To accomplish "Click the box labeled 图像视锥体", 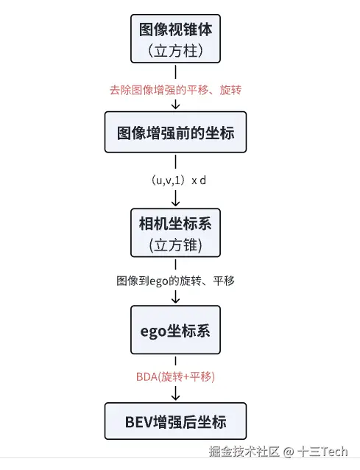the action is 175,38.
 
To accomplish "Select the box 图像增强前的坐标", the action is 175,132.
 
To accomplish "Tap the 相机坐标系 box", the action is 175,233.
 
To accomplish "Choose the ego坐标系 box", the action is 175,330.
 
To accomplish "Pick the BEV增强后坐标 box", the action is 175,421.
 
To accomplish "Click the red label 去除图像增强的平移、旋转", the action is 175,90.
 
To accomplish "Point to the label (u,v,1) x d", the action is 179,180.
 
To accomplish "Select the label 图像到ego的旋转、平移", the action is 175,281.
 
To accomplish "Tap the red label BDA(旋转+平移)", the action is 175,376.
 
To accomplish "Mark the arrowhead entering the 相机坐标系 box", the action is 175,203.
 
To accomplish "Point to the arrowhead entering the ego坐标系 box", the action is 175,300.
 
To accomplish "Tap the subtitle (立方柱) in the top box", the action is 175,50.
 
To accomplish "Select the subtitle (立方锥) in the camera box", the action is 175,245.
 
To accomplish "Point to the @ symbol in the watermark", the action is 289,452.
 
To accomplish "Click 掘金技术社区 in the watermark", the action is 244,452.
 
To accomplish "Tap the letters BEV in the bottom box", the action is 138,422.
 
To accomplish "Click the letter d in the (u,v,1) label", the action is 202,180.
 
